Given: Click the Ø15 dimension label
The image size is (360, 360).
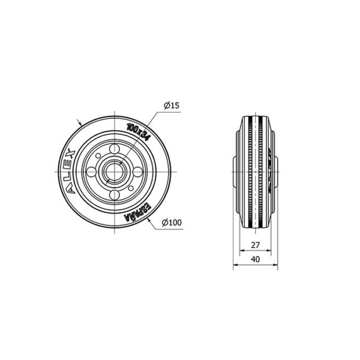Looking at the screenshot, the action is point(171,106).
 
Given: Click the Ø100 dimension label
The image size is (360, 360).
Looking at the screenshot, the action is point(172,223).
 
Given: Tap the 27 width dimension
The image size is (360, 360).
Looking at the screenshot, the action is point(256,245).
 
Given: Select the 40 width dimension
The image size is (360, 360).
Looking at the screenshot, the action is point(256,259).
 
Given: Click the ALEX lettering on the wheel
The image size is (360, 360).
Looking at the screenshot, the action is point(70,172).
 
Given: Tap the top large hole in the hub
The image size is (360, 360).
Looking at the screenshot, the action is point(115,149).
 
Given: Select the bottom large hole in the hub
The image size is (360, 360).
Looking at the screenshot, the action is point(115,194).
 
